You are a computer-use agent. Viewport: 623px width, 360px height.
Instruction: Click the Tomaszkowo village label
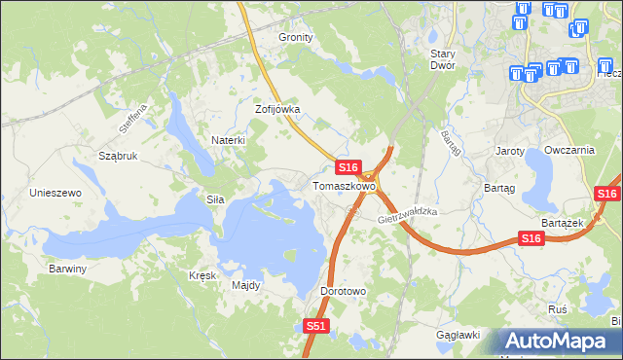[343, 185]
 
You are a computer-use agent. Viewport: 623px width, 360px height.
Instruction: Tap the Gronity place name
[296, 37]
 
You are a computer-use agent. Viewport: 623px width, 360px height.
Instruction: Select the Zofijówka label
[277, 110]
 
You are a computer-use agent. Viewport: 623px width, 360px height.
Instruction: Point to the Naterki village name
[228, 140]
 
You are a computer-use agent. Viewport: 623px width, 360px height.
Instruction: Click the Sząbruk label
[118, 156]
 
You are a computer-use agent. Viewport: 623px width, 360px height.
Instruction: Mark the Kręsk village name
[202, 275]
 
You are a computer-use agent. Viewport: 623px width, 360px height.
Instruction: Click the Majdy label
[245, 285]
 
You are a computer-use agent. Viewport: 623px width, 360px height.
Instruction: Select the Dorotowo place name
[343, 291]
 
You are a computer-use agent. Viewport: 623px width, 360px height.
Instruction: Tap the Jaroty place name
[510, 152]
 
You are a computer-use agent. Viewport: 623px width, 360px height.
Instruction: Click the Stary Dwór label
[444, 60]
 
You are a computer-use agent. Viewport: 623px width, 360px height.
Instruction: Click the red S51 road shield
[315, 327]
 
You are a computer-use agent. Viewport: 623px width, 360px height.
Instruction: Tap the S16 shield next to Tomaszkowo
[350, 167]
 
